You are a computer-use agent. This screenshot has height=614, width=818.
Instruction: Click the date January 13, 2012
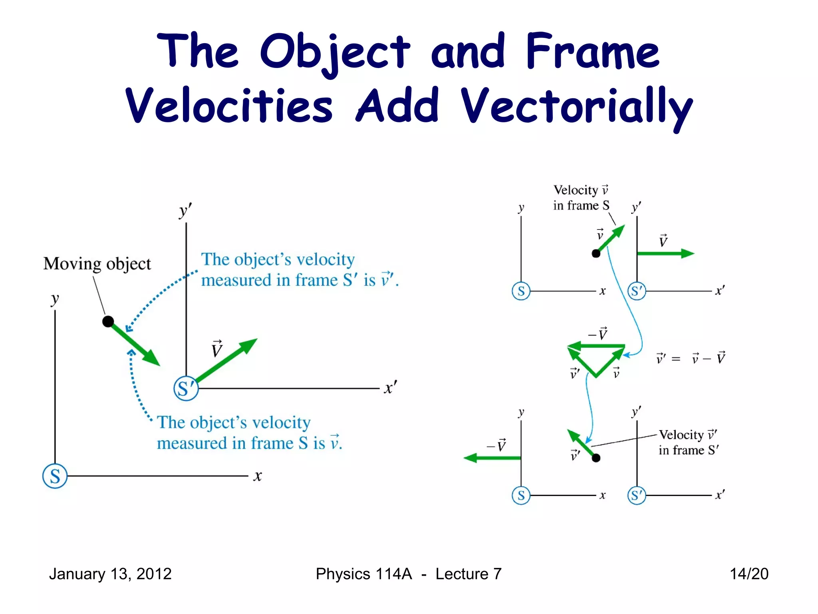click(110, 574)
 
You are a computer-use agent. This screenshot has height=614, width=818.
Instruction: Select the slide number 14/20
click(749, 574)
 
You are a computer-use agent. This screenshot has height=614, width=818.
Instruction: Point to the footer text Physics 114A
click(363, 574)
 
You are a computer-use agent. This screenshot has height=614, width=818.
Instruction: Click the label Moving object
click(97, 264)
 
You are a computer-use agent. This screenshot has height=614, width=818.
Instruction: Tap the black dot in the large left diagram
click(108, 321)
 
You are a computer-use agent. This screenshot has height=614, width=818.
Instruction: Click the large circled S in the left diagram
click(55, 476)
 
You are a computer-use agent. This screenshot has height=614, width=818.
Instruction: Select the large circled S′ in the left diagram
click(186, 388)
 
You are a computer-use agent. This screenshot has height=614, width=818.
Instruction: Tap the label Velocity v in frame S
click(581, 197)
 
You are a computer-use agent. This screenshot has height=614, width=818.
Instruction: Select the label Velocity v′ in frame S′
click(688, 442)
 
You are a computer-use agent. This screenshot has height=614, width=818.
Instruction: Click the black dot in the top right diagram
click(596, 253)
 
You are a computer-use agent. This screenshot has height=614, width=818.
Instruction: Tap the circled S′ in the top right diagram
click(637, 291)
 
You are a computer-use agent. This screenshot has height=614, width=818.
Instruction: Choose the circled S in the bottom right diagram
click(521, 495)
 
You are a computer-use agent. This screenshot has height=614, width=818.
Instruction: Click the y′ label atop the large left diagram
click(185, 211)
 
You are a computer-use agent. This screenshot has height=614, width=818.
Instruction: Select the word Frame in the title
click(593, 52)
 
